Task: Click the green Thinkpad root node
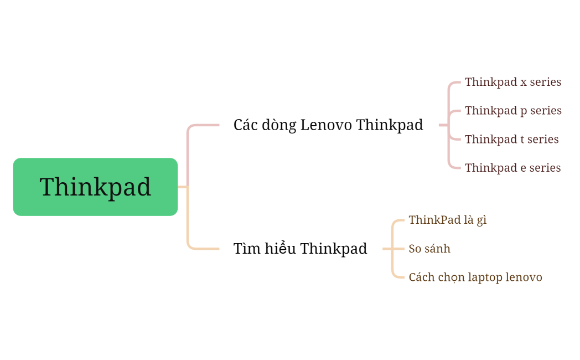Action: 95,187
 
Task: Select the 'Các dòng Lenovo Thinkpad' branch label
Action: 328,125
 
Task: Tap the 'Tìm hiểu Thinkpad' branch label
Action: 300,249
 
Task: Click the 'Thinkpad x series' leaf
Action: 512,82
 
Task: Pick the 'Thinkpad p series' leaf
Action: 513,111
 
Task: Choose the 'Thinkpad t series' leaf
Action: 511,139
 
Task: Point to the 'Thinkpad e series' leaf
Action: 512,168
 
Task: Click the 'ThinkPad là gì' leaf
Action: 447,220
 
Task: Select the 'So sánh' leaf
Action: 429,249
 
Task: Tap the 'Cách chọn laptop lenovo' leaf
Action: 475,277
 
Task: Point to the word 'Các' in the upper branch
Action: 244,125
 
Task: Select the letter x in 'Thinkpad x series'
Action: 524,83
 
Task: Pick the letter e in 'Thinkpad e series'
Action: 524,168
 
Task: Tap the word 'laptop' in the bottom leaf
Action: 485,277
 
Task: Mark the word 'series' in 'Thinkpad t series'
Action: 543,140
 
